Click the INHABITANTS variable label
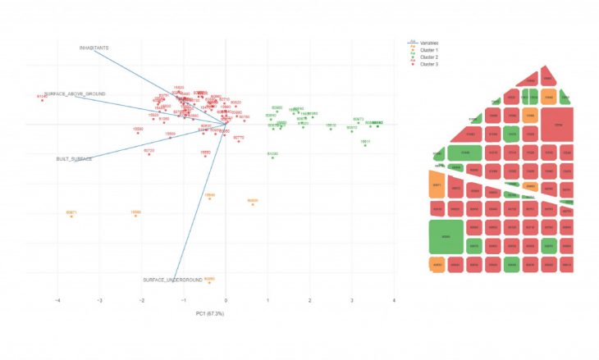[x=94, y=48]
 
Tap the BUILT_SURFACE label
[x=74, y=158]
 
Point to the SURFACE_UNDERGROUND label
[x=172, y=280]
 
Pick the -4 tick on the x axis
[x=57, y=300]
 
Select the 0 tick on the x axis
[x=226, y=300]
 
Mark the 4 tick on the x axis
[x=395, y=300]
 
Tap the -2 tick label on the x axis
[x=142, y=300]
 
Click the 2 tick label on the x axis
[x=310, y=300]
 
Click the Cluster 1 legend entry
[x=428, y=50]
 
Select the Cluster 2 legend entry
[x=428, y=57]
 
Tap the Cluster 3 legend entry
[x=428, y=65]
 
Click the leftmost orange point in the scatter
[x=71, y=216]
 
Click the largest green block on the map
[x=446, y=236]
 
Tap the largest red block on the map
[x=558, y=125]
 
